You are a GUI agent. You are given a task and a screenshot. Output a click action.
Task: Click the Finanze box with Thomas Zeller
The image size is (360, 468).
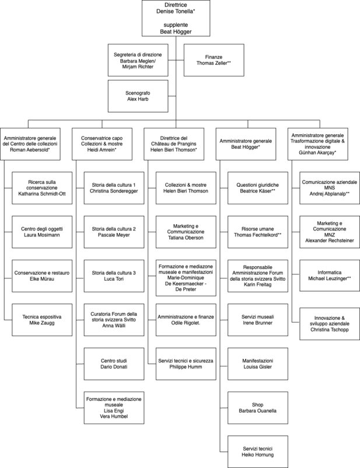coord(214,60)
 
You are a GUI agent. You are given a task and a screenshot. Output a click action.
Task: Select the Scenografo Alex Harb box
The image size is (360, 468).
coord(138,96)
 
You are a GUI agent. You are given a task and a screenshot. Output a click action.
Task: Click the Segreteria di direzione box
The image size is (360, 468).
coord(138,60)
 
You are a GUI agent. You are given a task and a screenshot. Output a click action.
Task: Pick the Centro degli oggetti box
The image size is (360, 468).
coord(42,232)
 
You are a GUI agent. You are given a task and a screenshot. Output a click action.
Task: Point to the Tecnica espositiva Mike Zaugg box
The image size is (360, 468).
coord(42,320)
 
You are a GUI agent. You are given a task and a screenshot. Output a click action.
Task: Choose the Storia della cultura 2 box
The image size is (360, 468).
coord(114,232)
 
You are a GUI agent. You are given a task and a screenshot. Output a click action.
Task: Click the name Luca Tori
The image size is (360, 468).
coord(114,279)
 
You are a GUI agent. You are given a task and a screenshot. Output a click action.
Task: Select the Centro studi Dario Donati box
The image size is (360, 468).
coord(114,364)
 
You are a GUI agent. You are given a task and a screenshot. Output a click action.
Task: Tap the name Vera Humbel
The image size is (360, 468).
coord(114,417)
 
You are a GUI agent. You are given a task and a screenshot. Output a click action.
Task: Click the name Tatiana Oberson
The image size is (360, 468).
coord(186,238)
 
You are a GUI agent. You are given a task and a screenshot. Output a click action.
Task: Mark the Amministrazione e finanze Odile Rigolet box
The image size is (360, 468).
coord(186,320)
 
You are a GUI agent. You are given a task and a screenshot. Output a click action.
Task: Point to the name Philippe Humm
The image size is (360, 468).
coord(186,366)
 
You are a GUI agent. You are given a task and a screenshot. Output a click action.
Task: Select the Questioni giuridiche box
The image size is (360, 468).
coord(258,188)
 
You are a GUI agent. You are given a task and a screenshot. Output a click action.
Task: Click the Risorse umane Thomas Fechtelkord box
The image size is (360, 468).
coord(258,232)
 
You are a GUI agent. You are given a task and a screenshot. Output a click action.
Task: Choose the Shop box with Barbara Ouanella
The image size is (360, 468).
coord(258,408)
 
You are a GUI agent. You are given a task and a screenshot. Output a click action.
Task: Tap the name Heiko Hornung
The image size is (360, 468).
coord(258,455)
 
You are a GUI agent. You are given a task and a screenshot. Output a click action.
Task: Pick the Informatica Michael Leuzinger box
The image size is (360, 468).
coord(330,275)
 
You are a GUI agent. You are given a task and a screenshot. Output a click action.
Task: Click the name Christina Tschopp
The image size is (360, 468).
coord(330,330)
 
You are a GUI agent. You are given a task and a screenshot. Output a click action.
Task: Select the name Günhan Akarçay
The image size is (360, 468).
coord(317,152)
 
